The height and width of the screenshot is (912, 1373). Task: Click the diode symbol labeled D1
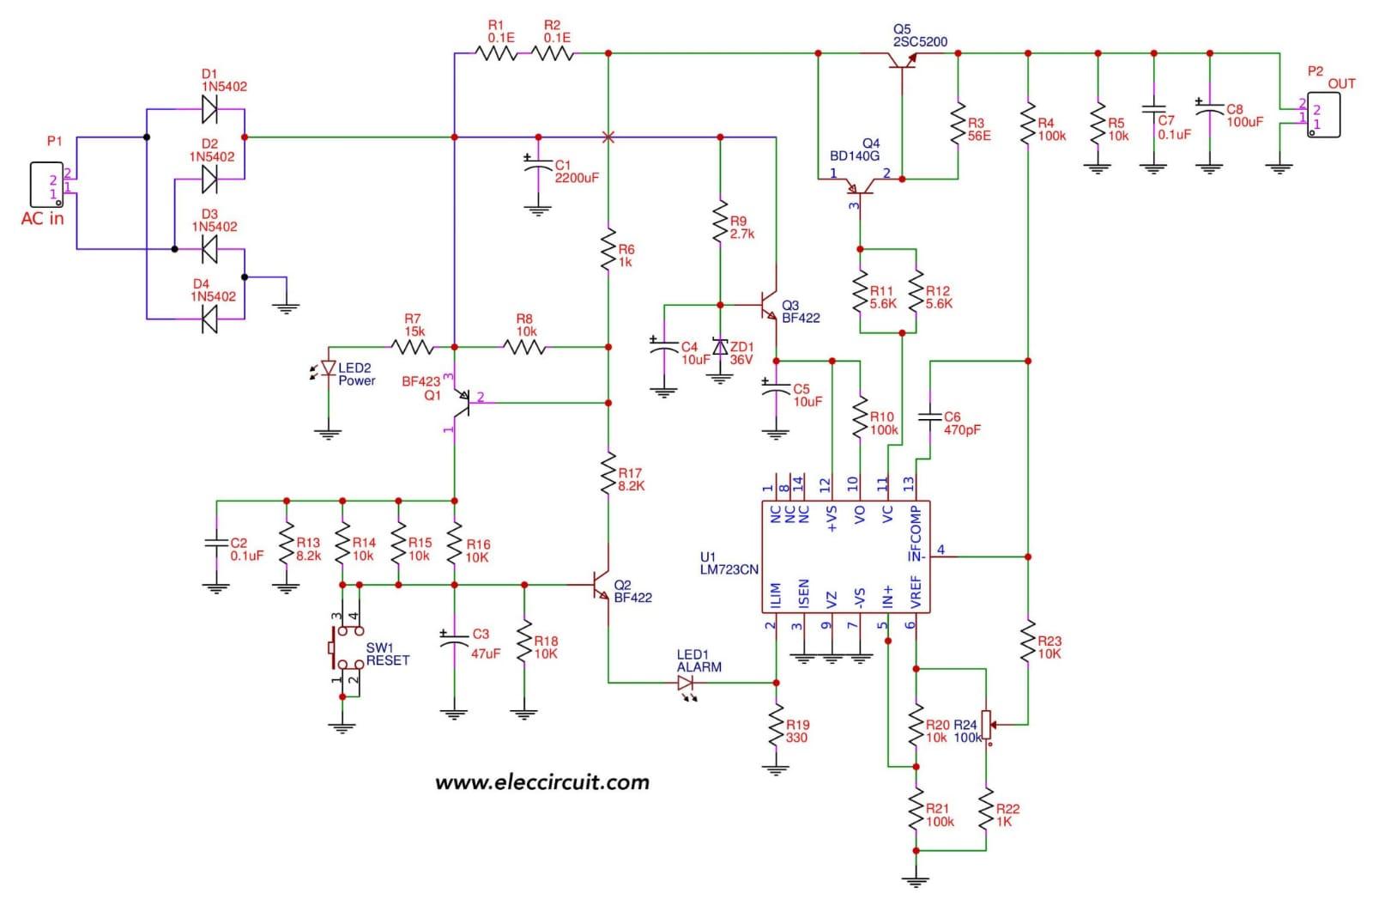[x=209, y=109]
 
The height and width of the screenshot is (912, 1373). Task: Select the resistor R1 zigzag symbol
[x=496, y=53]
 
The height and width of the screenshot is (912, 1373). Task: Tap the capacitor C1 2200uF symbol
[x=538, y=170]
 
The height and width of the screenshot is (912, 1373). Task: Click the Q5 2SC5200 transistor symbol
[x=902, y=60]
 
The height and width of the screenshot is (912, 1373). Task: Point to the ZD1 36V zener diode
[x=720, y=347]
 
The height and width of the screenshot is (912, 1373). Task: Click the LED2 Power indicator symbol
[x=328, y=368]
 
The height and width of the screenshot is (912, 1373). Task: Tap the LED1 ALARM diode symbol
[x=686, y=684]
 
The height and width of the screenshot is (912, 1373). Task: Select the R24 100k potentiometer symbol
[x=986, y=725]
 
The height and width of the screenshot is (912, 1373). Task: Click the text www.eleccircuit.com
[x=541, y=782]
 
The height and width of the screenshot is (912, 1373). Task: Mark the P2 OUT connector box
[x=1322, y=115]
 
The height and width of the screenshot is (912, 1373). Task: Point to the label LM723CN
[x=729, y=569]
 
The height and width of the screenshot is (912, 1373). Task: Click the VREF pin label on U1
[x=915, y=593]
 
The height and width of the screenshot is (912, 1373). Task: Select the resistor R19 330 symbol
[x=776, y=726]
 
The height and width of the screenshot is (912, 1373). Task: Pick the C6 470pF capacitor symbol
[x=929, y=417]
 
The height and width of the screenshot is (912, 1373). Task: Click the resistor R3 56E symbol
[x=958, y=125]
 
